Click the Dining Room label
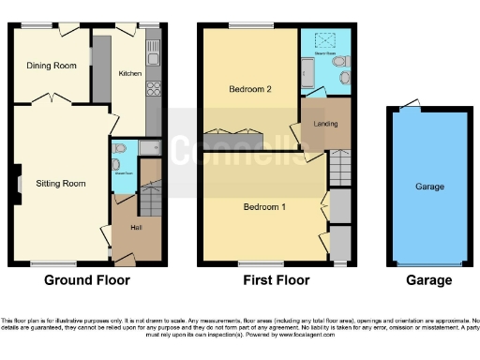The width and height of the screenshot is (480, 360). (52, 66)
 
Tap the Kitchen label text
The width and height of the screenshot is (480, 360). (128, 72)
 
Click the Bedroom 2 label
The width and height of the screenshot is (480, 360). (250, 90)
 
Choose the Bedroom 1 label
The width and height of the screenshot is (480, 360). (263, 206)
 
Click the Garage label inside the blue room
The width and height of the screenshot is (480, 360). (429, 187)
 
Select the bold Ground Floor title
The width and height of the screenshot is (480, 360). (85, 279)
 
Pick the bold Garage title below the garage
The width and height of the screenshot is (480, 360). (429, 279)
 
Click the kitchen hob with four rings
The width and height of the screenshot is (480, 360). (154, 92)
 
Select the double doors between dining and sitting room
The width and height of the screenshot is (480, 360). (52, 98)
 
